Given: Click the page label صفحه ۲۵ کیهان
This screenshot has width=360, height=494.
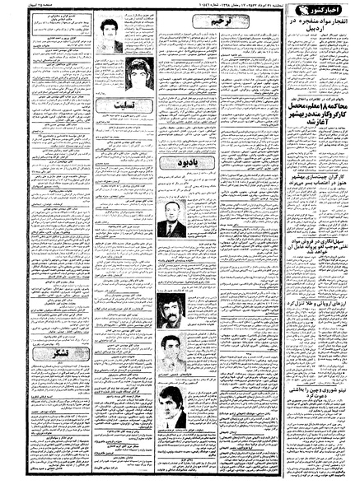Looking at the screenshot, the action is (20, 7).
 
